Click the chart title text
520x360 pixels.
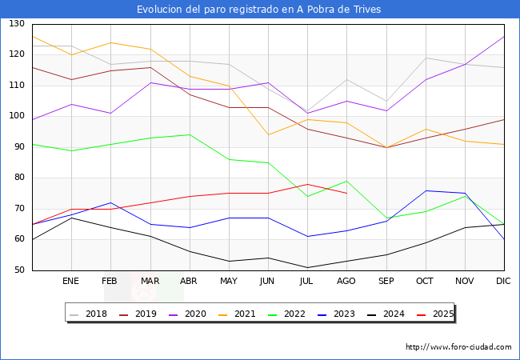[x=258, y=10]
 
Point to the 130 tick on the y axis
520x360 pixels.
[x=17, y=24]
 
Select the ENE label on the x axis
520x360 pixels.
[x=71, y=282]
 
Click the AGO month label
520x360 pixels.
[x=346, y=282]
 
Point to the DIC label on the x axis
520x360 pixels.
[x=503, y=282]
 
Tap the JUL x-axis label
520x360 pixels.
[x=307, y=282]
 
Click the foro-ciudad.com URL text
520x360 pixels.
[x=458, y=347]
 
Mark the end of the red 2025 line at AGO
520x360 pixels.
[x=346, y=194]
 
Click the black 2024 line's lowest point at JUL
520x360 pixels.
[x=307, y=267]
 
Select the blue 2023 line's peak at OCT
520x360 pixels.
[x=425, y=190]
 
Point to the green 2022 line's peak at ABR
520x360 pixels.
[x=190, y=134]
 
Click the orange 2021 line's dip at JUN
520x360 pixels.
[x=268, y=134]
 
